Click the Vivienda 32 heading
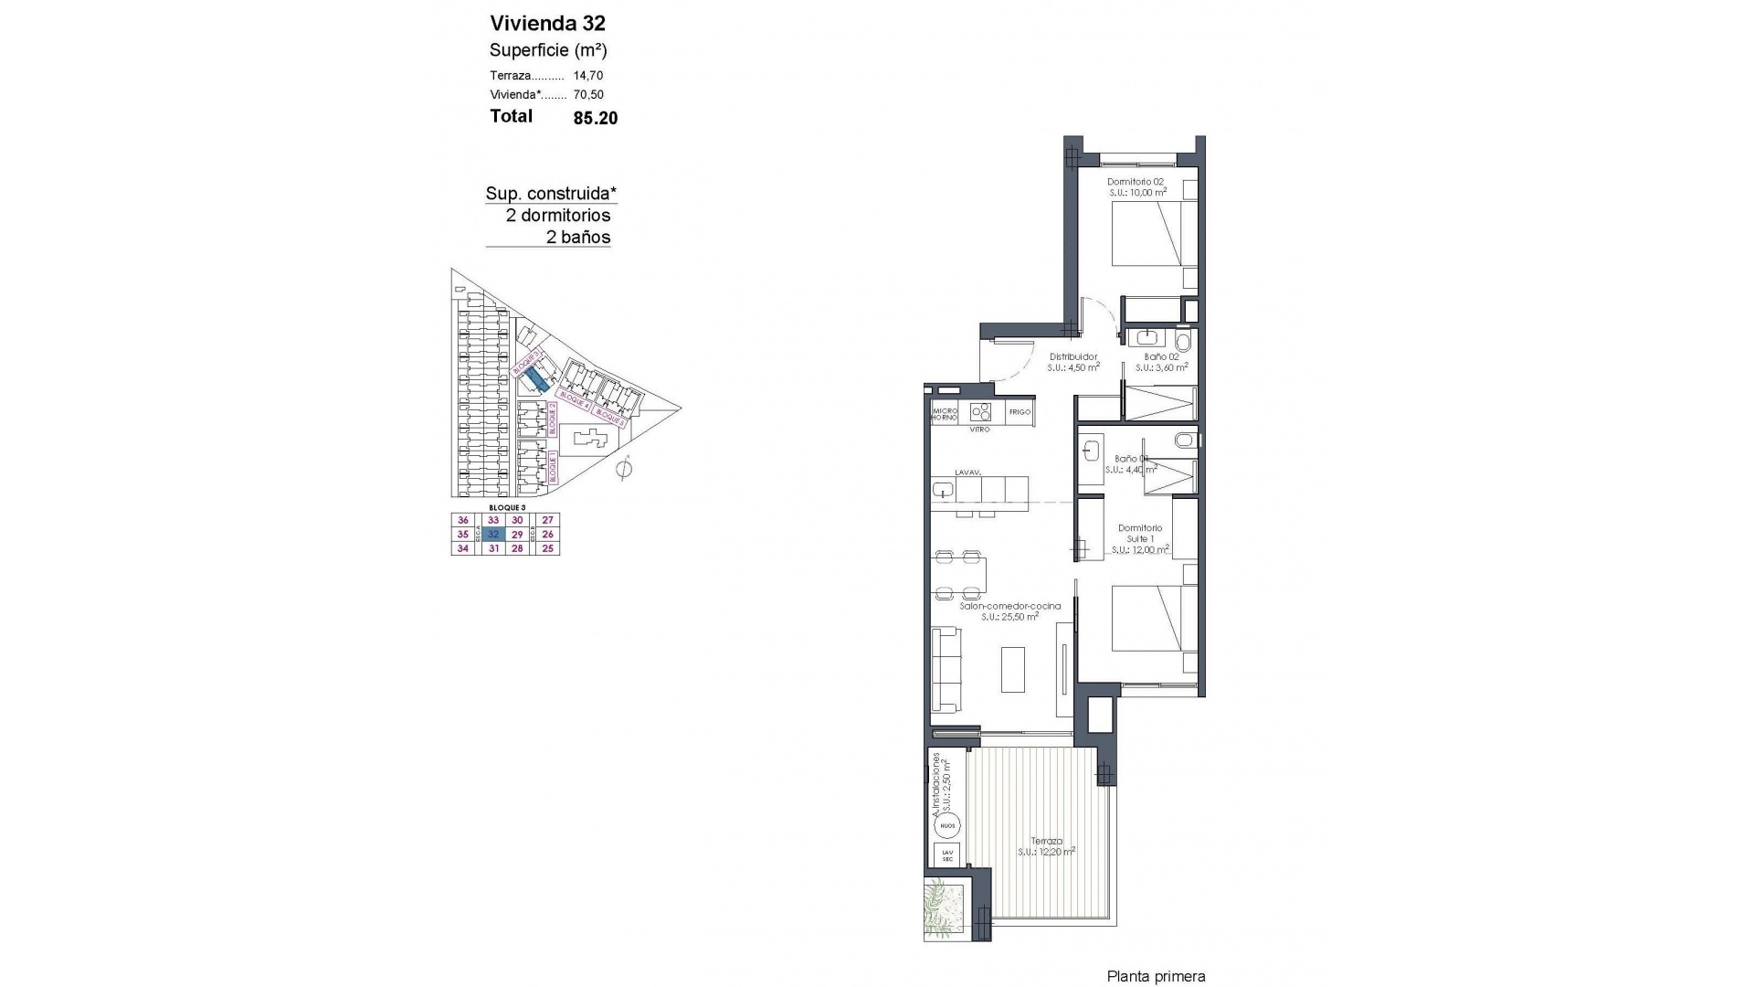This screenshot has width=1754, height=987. click(547, 23)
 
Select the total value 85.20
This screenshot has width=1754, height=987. click(595, 118)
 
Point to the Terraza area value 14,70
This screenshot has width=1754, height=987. click(588, 76)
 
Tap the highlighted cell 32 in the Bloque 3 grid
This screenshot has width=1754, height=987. click(493, 534)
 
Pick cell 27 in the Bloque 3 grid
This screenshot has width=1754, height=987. click(548, 520)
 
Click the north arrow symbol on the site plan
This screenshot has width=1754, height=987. click(625, 470)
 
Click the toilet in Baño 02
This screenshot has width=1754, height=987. click(1184, 342)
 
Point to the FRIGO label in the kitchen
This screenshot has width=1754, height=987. click(1020, 412)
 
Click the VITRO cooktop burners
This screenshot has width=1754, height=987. click(980, 410)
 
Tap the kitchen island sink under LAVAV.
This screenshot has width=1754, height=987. click(943, 490)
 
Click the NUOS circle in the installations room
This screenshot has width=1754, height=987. click(947, 826)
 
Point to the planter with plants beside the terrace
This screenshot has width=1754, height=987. click(945, 909)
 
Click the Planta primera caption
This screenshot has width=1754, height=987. click(1156, 977)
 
